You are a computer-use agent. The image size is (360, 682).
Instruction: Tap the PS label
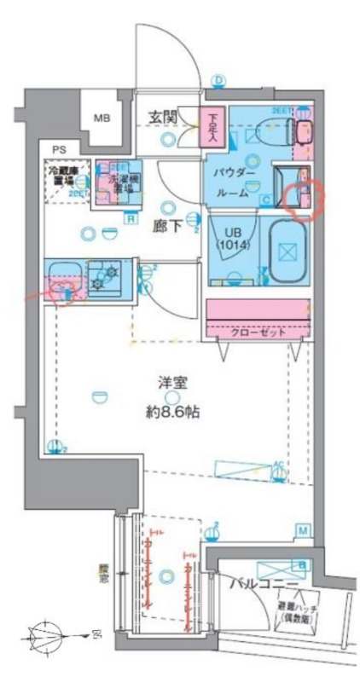[57, 150]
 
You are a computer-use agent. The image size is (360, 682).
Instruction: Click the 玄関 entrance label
[164, 117]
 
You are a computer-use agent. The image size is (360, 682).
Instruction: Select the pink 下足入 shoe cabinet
[211, 129]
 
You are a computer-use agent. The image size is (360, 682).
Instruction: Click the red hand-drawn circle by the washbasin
[305, 198]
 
